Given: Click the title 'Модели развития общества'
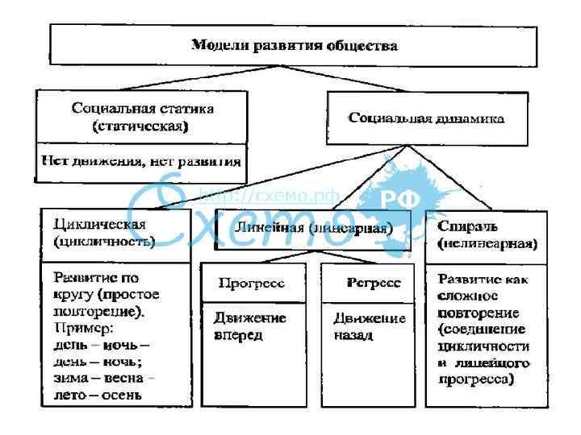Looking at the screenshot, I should coord(294,46).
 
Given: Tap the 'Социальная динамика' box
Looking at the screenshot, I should coord(426,118).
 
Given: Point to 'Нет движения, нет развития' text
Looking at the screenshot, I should coord(141,160).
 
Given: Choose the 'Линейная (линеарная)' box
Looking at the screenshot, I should coord(313,228).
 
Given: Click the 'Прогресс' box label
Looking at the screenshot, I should coord(252,283).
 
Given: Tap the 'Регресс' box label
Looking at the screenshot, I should coord(374,283).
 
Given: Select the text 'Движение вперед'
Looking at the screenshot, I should coord(250,326).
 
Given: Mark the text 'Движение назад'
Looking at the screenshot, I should coord(370,326).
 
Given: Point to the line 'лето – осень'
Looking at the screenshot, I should coord(97,394).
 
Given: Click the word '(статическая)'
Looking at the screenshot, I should coord(140,126).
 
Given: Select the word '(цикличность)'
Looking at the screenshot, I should coord(104,241).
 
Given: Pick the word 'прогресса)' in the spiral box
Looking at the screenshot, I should coord(476,379).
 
